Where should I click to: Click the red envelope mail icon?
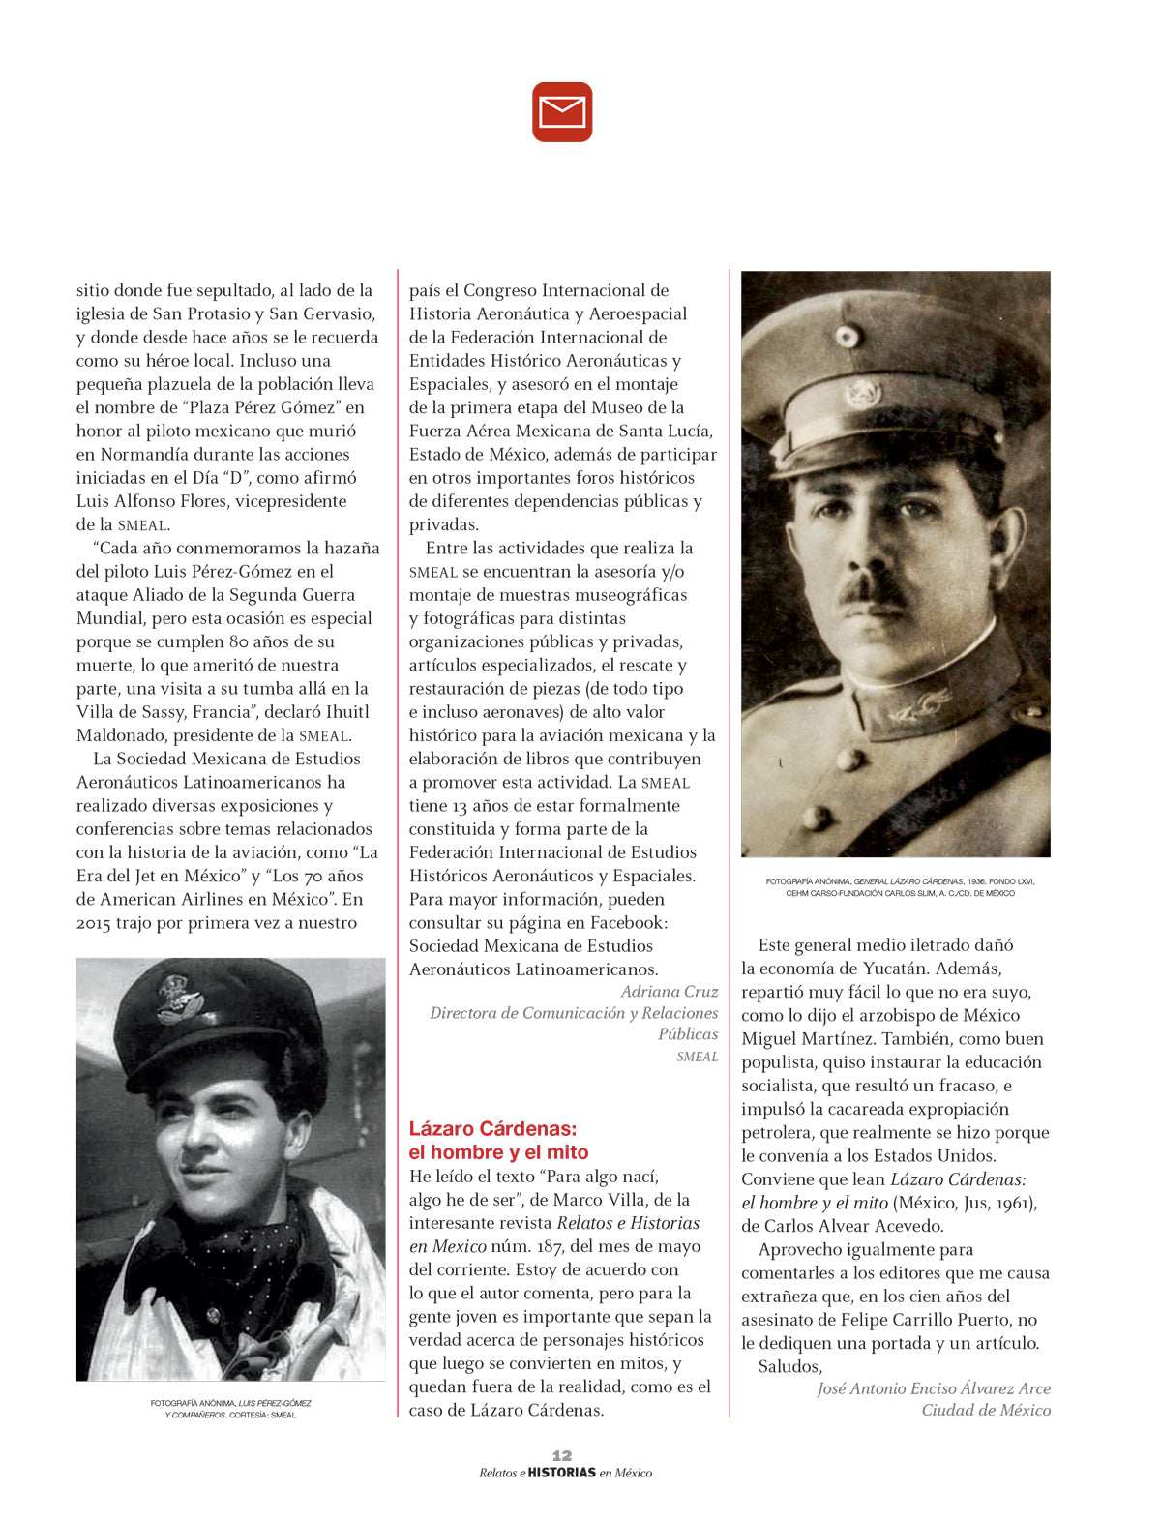click(562, 112)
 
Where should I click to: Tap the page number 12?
click(562, 1455)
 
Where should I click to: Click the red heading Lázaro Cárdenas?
click(492, 1128)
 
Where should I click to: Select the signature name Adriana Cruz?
click(670, 991)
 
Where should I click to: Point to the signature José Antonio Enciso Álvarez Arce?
click(934, 1388)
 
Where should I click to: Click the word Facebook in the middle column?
click(627, 922)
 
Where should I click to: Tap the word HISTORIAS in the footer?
click(562, 1473)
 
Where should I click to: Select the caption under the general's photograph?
click(900, 886)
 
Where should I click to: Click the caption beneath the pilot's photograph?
click(231, 1408)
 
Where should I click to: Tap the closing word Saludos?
click(789, 1366)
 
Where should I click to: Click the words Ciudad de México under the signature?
click(986, 1410)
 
